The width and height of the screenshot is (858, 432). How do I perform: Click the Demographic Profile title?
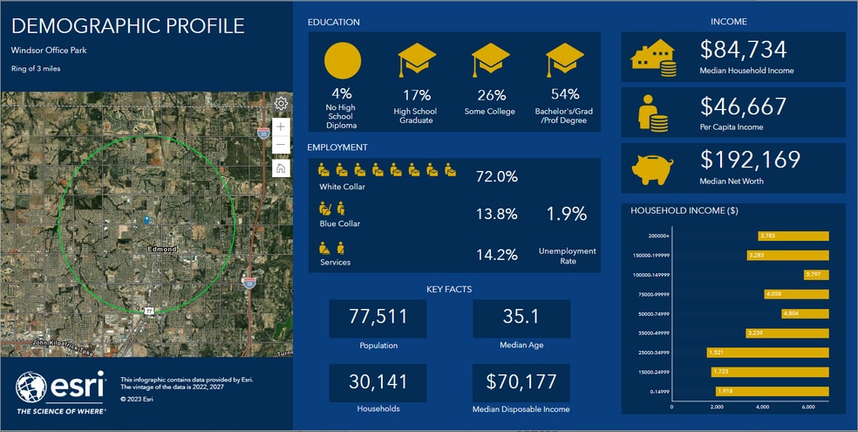pos(128,26)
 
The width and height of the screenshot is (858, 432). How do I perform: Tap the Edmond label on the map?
pos(161,250)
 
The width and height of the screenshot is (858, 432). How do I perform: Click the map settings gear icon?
pos(281,103)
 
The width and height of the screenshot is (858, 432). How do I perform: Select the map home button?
pos(281,168)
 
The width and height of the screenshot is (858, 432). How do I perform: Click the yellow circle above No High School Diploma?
pos(342,60)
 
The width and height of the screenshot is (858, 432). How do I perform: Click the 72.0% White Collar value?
pos(496,176)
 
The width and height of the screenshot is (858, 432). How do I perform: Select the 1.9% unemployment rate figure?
pos(567,214)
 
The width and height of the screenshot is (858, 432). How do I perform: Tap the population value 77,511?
pos(378,316)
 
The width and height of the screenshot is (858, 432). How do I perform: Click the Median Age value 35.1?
pos(521,316)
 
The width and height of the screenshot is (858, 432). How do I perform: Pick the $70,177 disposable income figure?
pos(521,382)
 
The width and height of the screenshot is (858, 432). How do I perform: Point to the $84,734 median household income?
pos(743,50)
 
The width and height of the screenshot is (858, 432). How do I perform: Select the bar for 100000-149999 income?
pos(815,274)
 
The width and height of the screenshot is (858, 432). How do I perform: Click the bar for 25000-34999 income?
pos(766,353)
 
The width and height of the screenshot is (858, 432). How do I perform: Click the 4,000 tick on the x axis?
pos(762,407)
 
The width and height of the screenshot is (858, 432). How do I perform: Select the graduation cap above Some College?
pos(491,61)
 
